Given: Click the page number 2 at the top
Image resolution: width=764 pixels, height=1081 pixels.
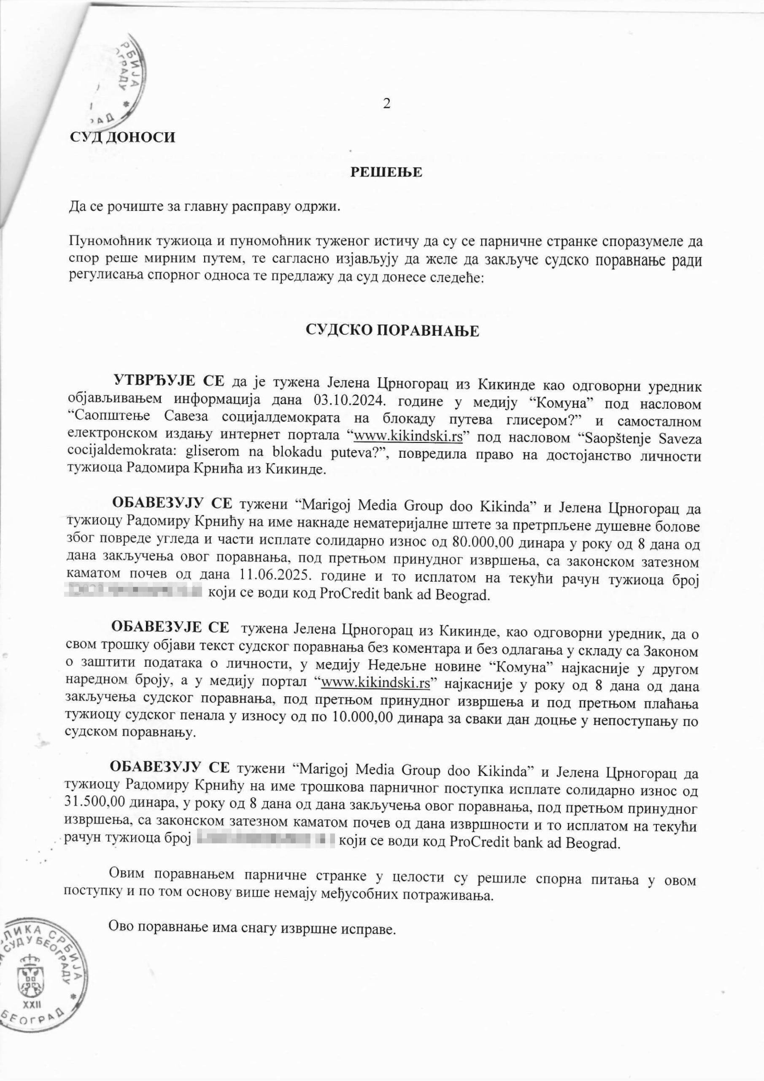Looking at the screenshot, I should click(386, 104).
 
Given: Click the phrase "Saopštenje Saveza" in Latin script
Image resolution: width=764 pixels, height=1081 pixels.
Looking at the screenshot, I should click(643, 439).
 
